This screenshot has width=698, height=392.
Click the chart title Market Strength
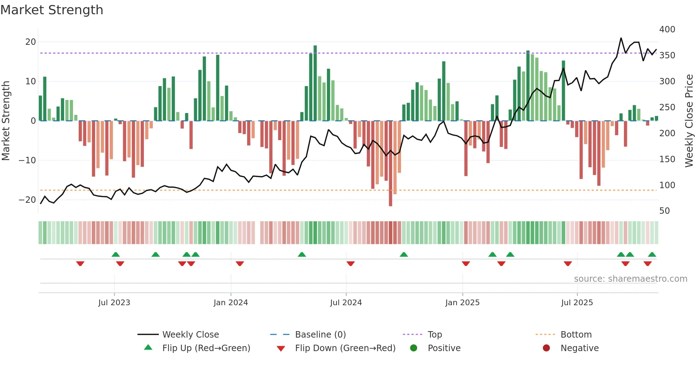pos(52,10)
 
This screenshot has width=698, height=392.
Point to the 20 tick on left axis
pos(31,42)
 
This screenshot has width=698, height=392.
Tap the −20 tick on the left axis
pos(28,200)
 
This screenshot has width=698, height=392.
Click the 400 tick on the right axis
pos(667,29)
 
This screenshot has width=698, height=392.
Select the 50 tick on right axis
pos(665,211)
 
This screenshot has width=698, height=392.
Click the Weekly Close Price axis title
pos(689,121)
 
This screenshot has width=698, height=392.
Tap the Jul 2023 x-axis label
pos(114,303)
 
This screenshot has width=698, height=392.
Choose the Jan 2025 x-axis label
pos(462,303)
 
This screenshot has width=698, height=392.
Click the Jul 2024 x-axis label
pos(346,303)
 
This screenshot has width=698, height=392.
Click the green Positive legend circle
pos(413,348)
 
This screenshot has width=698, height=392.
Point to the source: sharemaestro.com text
pos(630,279)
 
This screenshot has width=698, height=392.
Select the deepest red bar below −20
pos(391,164)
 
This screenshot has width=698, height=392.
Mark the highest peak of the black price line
pos(621,38)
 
